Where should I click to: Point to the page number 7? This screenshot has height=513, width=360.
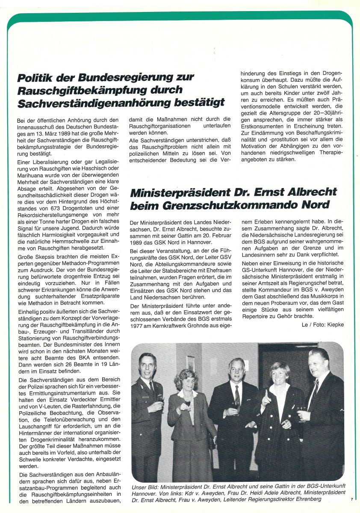point(351,498)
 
